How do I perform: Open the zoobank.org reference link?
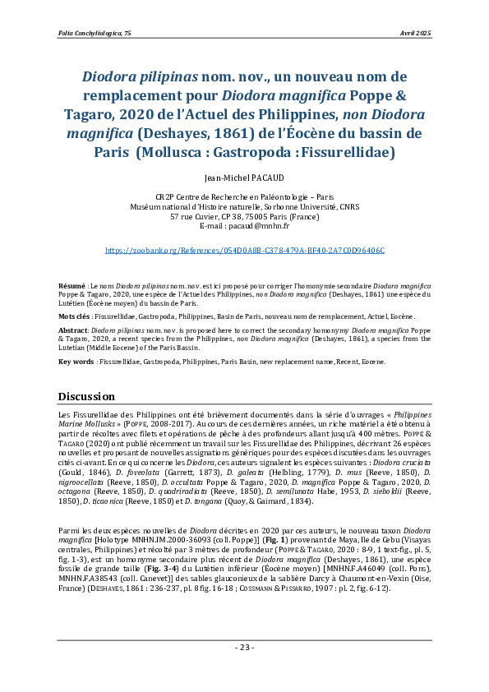(244, 249)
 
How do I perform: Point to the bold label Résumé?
(72, 284)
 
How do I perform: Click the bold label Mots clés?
(75, 315)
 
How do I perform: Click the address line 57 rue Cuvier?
(244, 217)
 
